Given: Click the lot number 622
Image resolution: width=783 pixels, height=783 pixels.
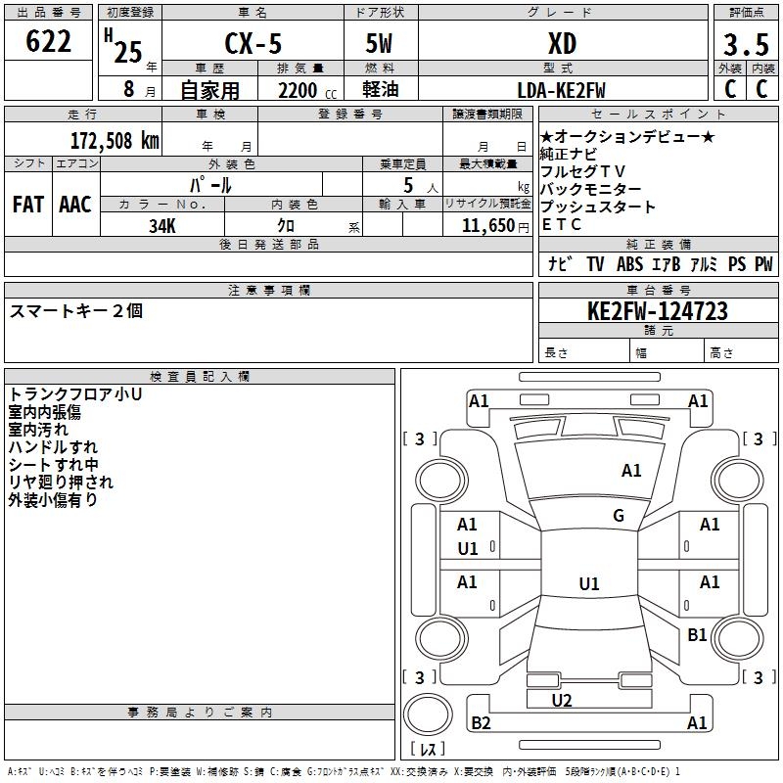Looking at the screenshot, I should (49, 42).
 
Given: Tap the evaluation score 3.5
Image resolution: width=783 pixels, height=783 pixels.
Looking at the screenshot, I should (745, 45).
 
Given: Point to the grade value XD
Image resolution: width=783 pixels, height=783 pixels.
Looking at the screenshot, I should (561, 44).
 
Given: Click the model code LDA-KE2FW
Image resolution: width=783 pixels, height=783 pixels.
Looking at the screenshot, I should (561, 90).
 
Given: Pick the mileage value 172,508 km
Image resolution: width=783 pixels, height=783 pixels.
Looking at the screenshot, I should (115, 140).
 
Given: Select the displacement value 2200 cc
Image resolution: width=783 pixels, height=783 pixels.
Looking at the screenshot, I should (299, 90).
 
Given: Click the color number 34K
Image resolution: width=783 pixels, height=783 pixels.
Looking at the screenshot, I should (161, 225).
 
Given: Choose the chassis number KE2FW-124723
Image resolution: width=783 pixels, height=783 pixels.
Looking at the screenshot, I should (658, 311).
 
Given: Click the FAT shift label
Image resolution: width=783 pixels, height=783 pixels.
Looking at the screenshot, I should (27, 205).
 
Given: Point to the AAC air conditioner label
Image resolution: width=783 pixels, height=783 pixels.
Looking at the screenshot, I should (75, 205).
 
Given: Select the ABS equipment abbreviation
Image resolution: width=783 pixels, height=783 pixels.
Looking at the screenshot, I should (629, 264).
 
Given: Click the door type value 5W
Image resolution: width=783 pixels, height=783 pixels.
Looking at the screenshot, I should (381, 44).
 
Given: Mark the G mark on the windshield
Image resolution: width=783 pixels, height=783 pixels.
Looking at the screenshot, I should (619, 516).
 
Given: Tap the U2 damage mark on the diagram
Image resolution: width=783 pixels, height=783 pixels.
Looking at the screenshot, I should (562, 700).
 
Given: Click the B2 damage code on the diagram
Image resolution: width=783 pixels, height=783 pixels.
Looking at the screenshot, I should (481, 723).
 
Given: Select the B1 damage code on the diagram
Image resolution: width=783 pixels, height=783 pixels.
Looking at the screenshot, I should (697, 635).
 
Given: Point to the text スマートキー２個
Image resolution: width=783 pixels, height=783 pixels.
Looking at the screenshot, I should (76, 311).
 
